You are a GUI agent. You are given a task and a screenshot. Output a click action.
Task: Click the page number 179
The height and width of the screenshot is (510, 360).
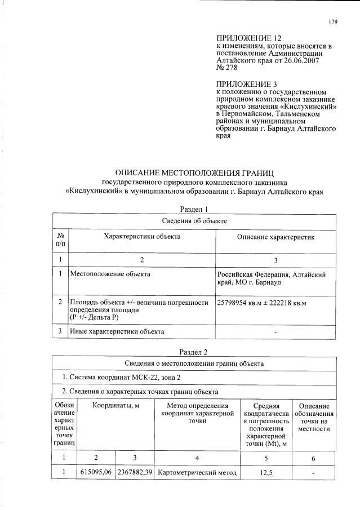click(333, 22)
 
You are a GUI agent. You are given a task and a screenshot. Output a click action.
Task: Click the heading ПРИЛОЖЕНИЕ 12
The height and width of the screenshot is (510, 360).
click(245, 38)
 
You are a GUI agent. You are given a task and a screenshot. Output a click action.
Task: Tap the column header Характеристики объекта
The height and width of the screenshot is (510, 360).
click(142, 237)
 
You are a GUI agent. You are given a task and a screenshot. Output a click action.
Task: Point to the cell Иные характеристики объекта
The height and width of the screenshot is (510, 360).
click(117, 331)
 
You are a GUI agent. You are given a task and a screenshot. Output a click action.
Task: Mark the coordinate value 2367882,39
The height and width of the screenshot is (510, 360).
click(135, 472)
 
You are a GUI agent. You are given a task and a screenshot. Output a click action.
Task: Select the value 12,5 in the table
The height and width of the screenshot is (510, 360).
click(266, 472)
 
